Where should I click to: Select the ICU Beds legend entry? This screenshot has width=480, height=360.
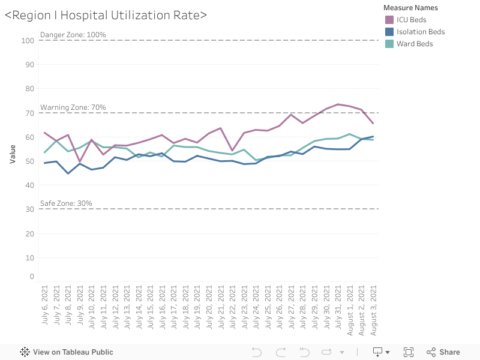pyautogui.click(x=411, y=20)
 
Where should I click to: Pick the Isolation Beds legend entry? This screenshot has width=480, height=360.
pyautogui.click(x=420, y=32)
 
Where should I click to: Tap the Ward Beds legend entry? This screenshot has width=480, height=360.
pyautogui.click(x=414, y=44)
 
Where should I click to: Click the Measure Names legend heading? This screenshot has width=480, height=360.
pyautogui.click(x=410, y=8)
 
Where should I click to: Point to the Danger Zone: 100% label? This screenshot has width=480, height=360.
pyautogui.click(x=73, y=35)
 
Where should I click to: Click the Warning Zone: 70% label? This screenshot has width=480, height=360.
pyautogui.click(x=73, y=107)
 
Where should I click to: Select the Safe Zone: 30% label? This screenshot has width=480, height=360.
pyautogui.click(x=66, y=203)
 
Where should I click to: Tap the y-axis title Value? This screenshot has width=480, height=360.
pyautogui.click(x=13, y=153)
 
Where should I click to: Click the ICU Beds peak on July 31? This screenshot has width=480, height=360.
pyautogui.click(x=338, y=104)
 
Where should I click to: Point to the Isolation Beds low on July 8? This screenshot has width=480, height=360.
pyautogui.click(x=68, y=173)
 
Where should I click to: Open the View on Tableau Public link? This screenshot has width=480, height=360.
pyautogui.click(x=67, y=352)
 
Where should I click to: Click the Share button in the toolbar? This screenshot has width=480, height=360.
pyautogui.click(x=443, y=352)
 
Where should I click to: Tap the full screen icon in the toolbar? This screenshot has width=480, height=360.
pyautogui.click(x=409, y=352)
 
